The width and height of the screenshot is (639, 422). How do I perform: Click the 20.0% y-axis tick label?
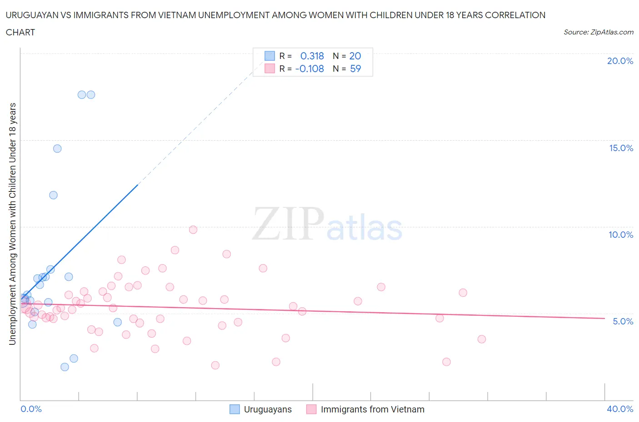pos(620,61)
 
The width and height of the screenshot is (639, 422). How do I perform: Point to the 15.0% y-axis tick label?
pos(621,148)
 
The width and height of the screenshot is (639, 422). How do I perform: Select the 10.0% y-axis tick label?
pos(621,235)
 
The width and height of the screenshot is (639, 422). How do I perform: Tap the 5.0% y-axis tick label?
pos(623,321)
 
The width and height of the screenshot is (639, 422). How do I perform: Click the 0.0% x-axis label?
pos(31,409)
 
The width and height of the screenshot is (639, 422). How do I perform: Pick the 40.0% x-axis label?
pos(620,409)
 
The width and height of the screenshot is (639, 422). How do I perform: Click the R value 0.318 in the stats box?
pos(312,56)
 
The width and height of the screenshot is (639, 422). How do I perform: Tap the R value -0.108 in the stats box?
pos(310,69)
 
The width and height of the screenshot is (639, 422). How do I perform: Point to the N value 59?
pos(355,69)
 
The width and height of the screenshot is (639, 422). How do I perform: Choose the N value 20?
pos(355,56)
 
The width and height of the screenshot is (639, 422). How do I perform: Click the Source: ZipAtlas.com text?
pos(598,32)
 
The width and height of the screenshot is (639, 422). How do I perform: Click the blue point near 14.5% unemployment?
pos(57,148)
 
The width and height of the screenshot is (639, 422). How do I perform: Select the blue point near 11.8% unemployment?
pos(53,195)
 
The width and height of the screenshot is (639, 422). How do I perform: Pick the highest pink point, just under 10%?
pos(193,230)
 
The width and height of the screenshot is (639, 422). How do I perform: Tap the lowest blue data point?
pos(65,367)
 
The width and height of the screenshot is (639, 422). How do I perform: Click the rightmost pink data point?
pos(482,339)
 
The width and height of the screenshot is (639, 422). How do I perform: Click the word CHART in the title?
pos(20,32)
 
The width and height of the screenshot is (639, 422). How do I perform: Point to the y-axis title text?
pos(12,224)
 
